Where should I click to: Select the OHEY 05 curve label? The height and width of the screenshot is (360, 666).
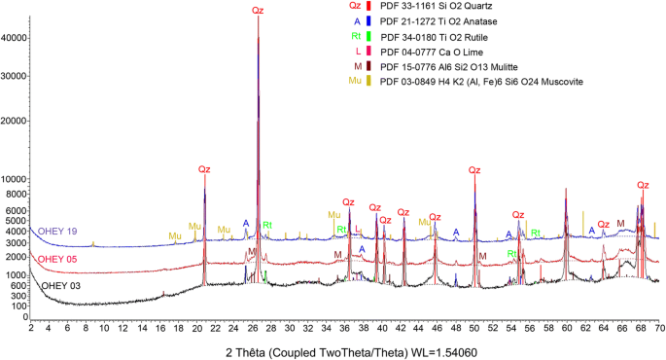click(57, 260)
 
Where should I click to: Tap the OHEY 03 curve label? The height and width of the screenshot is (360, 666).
click(60, 286)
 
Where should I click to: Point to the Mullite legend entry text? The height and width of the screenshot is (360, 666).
click(447, 66)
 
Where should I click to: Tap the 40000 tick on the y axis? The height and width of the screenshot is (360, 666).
click(14, 38)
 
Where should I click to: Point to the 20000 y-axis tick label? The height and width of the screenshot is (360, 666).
click(14, 122)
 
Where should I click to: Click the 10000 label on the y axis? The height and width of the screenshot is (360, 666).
click(14, 180)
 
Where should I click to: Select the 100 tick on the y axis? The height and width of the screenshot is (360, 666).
click(19, 305)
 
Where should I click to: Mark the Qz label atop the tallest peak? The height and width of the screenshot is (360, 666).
click(257, 10)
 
